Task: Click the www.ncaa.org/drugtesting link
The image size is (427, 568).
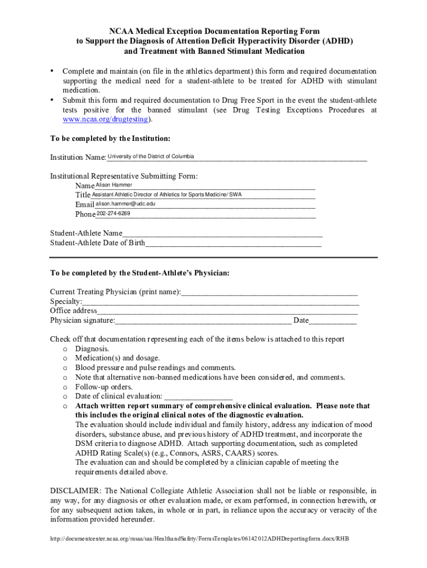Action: tap(105, 119)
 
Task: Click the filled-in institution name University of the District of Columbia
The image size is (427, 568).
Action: tap(151, 156)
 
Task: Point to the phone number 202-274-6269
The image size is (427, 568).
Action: tap(114, 214)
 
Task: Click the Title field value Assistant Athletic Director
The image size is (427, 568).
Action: tap(166, 195)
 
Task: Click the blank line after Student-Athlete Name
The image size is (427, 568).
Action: tap(222, 234)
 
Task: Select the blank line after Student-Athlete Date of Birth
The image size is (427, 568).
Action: tap(233, 243)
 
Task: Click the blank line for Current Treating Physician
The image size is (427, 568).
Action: tap(269, 292)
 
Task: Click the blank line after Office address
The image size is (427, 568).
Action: tap(227, 311)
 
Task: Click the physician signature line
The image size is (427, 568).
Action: tap(203, 321)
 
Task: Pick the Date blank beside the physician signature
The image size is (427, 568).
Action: tap(333, 321)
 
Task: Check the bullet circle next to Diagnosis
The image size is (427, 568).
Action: tap(65, 349)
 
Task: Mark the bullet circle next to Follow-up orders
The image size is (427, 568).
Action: tap(65, 387)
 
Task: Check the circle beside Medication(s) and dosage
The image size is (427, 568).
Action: tap(65, 358)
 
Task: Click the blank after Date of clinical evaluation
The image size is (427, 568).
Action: tap(198, 397)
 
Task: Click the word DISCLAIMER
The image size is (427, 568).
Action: tap(75, 491)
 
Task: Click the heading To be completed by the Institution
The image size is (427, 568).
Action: tap(110, 138)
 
